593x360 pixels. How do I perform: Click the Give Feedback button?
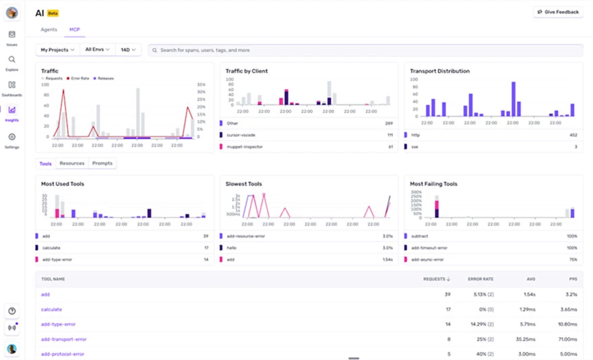pos(558,12)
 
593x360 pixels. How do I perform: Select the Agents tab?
pos(49,30)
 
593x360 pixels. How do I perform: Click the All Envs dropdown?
pos(97,50)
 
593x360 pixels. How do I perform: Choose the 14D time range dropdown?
pos(128,50)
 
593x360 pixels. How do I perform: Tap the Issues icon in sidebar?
pos(11,35)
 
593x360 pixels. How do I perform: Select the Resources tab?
pos(71,163)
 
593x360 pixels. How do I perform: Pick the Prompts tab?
pos(102,163)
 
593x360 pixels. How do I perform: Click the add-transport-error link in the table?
pos(63,339)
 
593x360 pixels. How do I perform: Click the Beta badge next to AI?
pos(53,13)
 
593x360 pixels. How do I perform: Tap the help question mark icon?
pos(11,311)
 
